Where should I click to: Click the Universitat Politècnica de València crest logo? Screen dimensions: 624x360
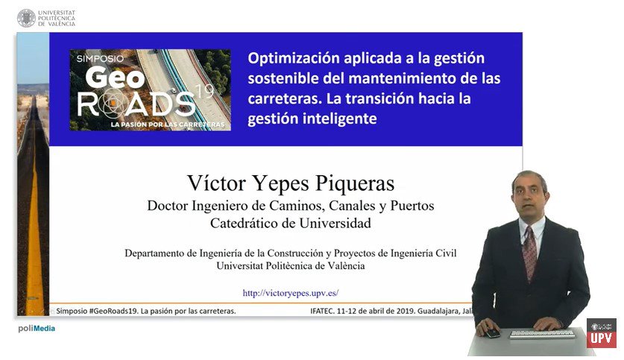coord(26,19)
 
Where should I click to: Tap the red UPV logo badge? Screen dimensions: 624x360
coord(602,333)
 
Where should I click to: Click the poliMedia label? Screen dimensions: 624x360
coord(37,328)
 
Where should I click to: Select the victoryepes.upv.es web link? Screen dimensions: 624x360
coord(291,293)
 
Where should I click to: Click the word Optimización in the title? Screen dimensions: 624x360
coord(293,58)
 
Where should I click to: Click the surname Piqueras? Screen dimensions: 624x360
coord(355,183)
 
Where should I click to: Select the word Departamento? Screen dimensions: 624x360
coord(154,253)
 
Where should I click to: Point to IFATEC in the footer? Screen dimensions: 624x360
coord(322,311)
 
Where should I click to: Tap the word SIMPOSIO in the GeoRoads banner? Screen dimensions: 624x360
coord(100,58)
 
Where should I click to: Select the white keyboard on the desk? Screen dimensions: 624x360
coord(543,333)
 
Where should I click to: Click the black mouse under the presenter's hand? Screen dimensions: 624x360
coord(491,333)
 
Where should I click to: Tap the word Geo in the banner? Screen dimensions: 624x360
coord(115,78)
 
